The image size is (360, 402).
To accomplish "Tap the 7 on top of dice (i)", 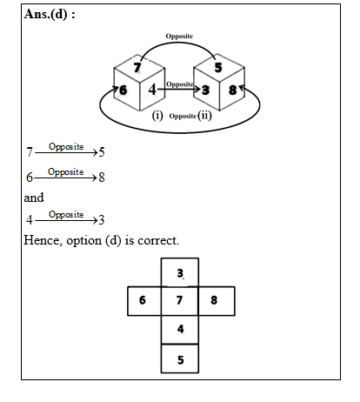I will click(x=137, y=67).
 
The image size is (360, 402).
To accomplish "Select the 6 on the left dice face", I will click(x=123, y=89).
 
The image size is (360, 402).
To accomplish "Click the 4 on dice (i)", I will click(x=152, y=89).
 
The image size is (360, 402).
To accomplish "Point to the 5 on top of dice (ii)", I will click(x=218, y=66).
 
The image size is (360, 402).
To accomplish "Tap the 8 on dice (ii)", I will click(x=233, y=89).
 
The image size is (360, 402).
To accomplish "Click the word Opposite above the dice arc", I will click(x=179, y=37).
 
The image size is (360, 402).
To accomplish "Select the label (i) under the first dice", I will click(x=158, y=115).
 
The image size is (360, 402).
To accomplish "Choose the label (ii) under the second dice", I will click(x=205, y=115).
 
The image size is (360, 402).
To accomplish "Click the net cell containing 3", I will click(x=180, y=273).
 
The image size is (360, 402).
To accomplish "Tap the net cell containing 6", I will click(x=143, y=301).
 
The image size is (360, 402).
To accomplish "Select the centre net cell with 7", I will click(x=180, y=301).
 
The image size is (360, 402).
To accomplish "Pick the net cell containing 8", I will click(x=217, y=301).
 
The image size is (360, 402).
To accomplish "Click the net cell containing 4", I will click(x=180, y=329).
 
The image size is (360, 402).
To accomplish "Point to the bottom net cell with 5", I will click(x=180, y=358).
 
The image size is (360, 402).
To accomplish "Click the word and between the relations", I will click(x=34, y=198).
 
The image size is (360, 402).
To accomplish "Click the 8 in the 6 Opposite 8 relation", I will click(x=102, y=177).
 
